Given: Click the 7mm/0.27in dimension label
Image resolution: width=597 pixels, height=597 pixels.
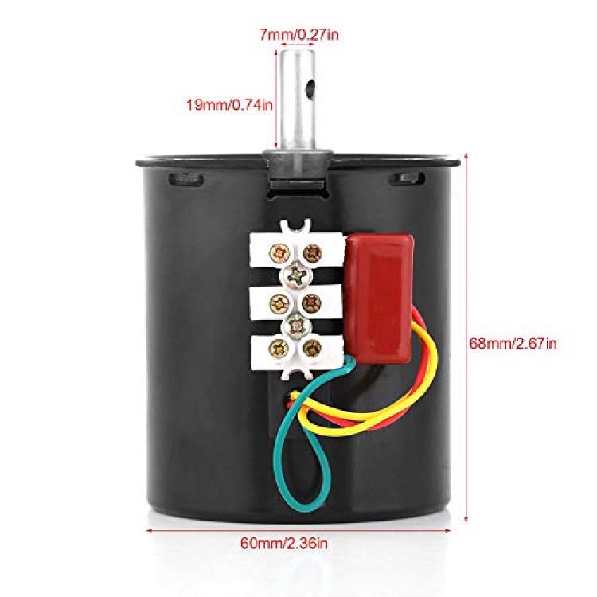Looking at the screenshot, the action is click(x=298, y=35).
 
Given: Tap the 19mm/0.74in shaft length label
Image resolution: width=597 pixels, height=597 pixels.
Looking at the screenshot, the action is click(x=229, y=104).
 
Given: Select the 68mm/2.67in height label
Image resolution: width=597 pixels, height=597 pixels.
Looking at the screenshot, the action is click(x=513, y=343).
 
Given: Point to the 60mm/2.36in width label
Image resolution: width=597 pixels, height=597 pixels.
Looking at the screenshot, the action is click(x=283, y=543).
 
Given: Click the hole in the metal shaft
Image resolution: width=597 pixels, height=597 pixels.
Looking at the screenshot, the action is click(x=311, y=88).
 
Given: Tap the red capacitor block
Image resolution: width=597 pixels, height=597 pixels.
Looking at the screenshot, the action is click(x=380, y=298).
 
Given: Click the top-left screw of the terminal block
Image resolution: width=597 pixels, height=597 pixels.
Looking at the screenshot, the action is click(x=280, y=253).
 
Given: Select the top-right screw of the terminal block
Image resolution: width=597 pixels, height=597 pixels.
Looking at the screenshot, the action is click(x=313, y=253).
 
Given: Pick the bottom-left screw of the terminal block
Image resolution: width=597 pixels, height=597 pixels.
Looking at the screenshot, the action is click(x=279, y=349).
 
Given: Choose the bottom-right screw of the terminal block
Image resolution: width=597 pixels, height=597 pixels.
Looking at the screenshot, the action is click(x=312, y=349).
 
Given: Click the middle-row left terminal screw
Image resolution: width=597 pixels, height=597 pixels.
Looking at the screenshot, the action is click(x=280, y=303).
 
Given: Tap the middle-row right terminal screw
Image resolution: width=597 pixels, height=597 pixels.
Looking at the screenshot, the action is click(x=312, y=303).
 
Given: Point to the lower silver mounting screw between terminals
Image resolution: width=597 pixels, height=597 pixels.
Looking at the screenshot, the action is click(x=296, y=326).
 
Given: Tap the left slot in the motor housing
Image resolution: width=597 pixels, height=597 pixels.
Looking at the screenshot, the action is click(x=185, y=178).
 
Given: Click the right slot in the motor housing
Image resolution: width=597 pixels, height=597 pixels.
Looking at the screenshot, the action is click(x=407, y=178).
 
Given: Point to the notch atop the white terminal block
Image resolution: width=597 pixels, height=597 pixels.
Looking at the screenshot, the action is click(x=295, y=225).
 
